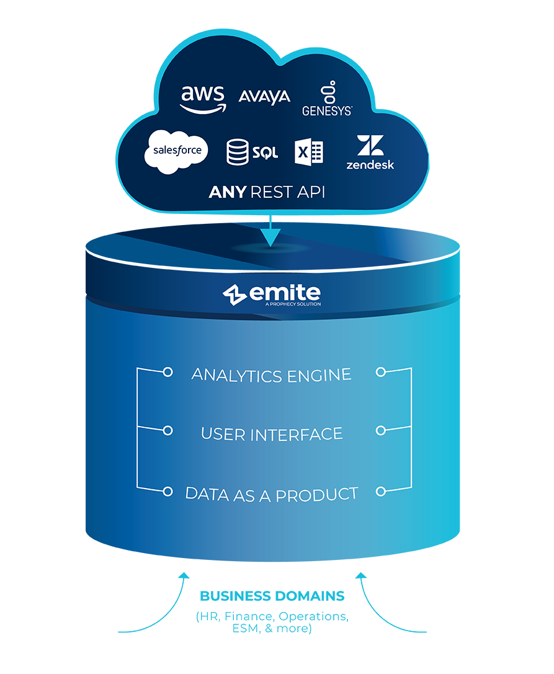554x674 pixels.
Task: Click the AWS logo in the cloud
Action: [x=203, y=99]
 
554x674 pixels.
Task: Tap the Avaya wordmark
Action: [x=264, y=97]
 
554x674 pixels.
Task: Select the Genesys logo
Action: [x=327, y=99]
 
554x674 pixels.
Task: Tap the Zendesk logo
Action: [x=370, y=153]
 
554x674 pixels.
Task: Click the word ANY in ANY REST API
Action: [x=227, y=192]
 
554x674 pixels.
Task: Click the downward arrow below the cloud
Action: [x=270, y=235]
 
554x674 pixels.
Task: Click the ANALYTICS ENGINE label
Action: [x=271, y=375]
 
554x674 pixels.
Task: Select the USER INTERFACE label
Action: [x=271, y=434]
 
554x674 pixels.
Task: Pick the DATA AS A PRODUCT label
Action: [x=271, y=494]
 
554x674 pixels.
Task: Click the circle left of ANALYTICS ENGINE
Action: [x=167, y=372]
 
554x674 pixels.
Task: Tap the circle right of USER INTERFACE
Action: [x=381, y=430]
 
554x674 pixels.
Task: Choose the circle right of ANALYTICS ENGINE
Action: [x=381, y=372]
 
